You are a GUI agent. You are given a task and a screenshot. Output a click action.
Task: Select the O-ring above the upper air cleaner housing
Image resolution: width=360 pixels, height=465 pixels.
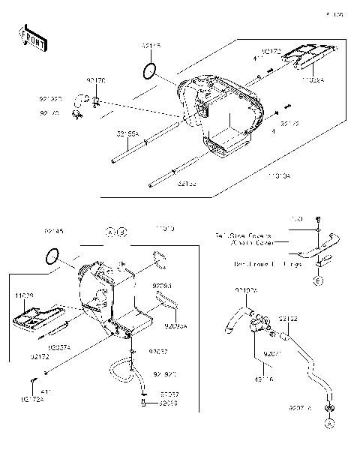click(150, 71)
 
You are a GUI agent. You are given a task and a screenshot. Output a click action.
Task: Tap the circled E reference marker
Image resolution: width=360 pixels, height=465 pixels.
click(318, 280)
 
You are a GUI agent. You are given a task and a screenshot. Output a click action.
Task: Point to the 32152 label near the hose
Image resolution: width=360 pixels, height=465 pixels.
click(289, 319)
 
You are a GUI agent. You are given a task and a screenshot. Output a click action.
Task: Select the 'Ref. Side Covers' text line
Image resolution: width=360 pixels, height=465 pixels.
click(243, 236)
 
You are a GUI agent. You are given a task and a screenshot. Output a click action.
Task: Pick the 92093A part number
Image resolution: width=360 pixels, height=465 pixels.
click(176, 326)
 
